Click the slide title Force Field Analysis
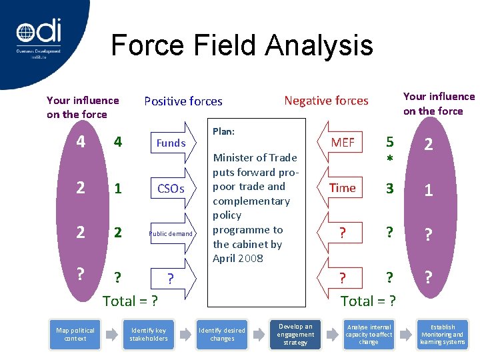[x=241, y=45]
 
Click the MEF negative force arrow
[x=343, y=142]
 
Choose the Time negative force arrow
[x=343, y=188]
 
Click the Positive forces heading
[x=183, y=101]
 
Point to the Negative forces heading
[x=326, y=101]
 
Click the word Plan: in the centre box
[x=223, y=131]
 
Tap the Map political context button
[x=75, y=335]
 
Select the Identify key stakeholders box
[x=149, y=335]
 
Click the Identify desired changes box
[x=222, y=335]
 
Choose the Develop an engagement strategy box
[x=295, y=334]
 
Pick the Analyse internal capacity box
[x=369, y=334]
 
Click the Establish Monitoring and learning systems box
[x=443, y=335]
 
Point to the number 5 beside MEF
[x=391, y=142]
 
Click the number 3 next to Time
[x=391, y=188]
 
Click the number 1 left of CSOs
[x=118, y=189]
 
